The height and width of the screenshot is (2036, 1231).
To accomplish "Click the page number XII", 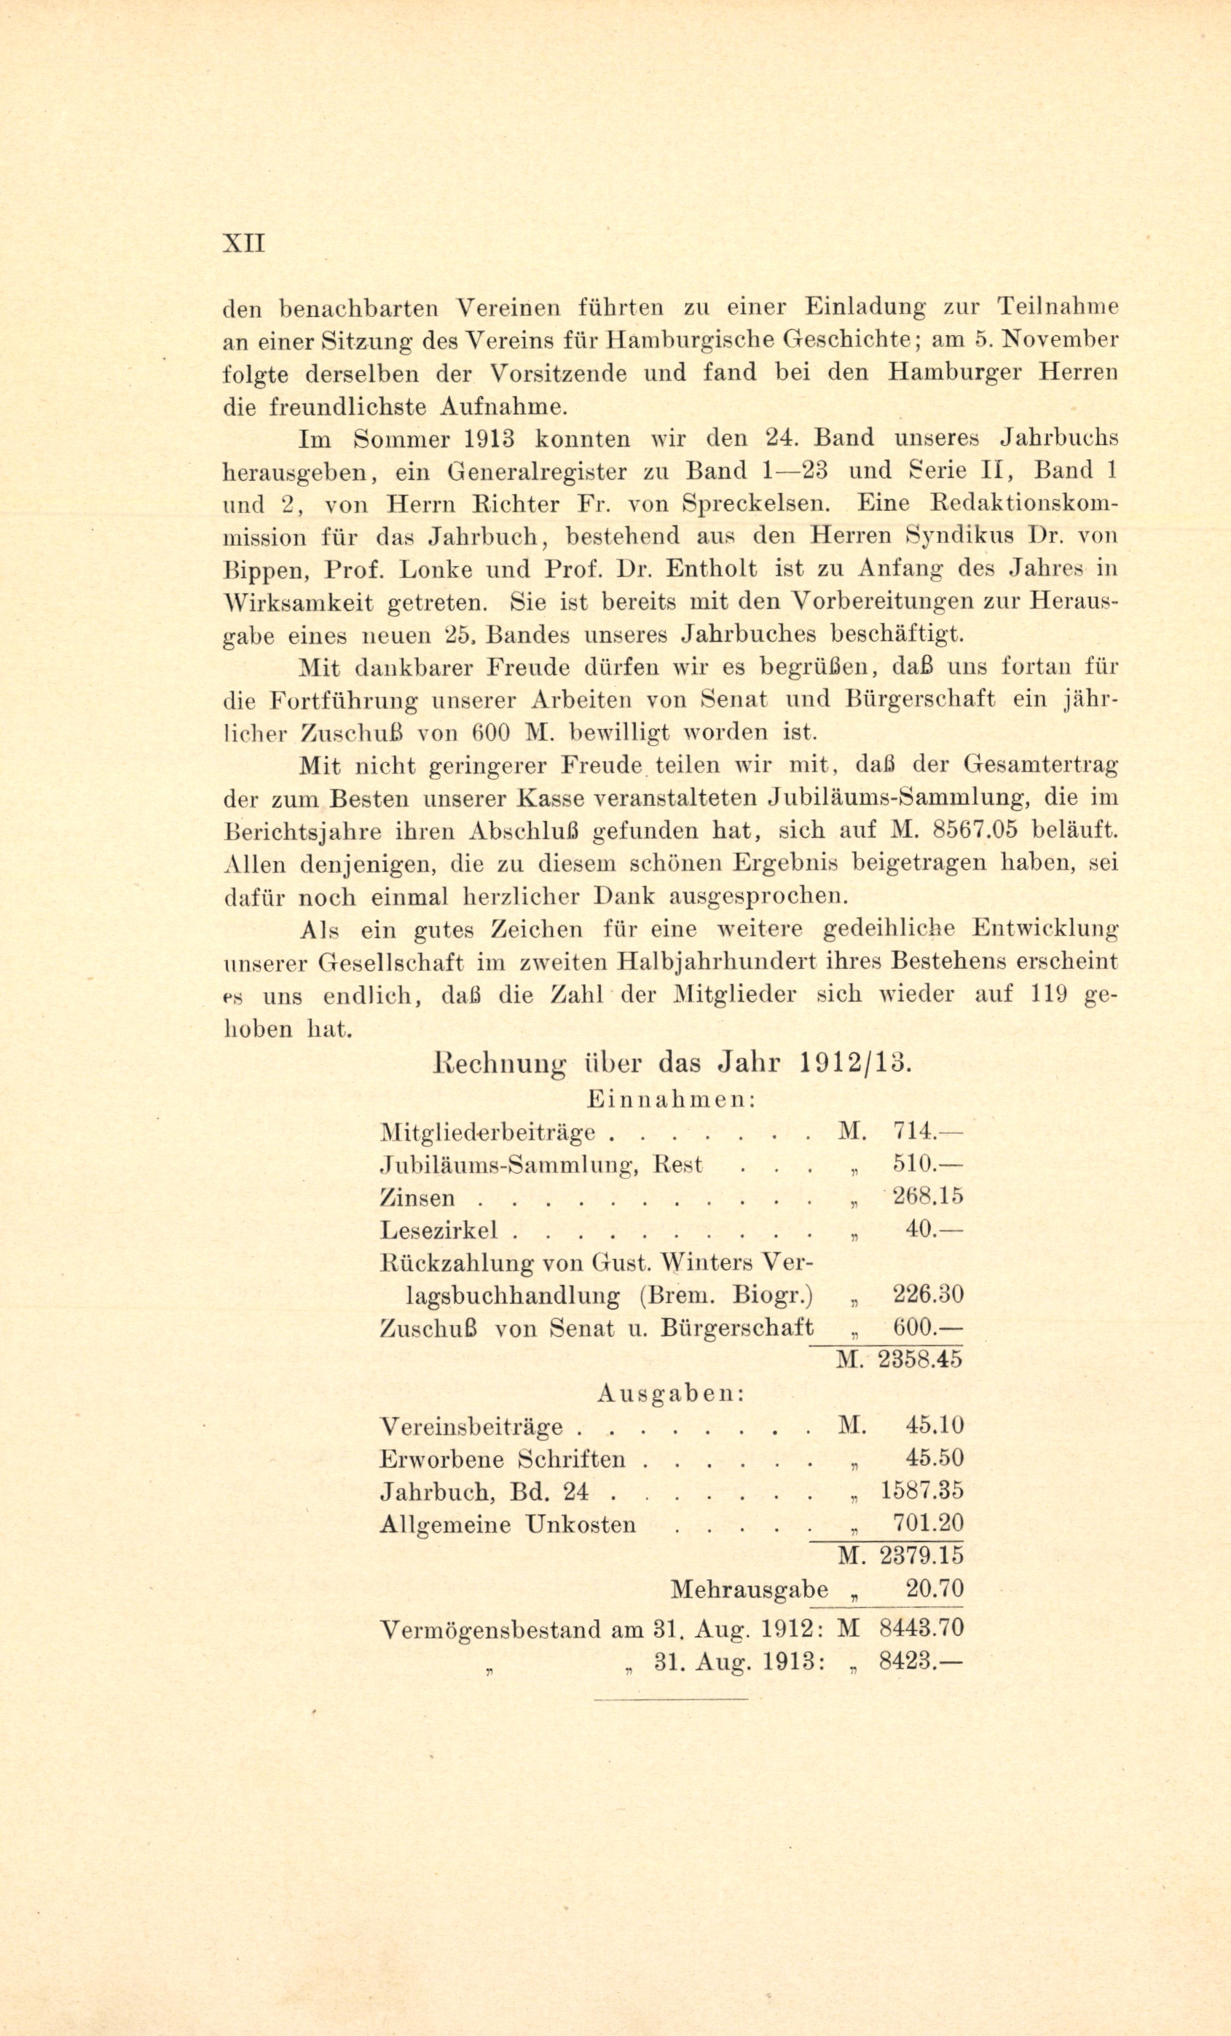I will pos(244,245).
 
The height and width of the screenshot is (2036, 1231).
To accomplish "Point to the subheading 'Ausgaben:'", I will pos(672,1393).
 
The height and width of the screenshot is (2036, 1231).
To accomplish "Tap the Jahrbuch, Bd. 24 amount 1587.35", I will pos(921,1490).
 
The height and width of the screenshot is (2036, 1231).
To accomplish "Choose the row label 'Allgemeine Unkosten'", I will pos(507,1524).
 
